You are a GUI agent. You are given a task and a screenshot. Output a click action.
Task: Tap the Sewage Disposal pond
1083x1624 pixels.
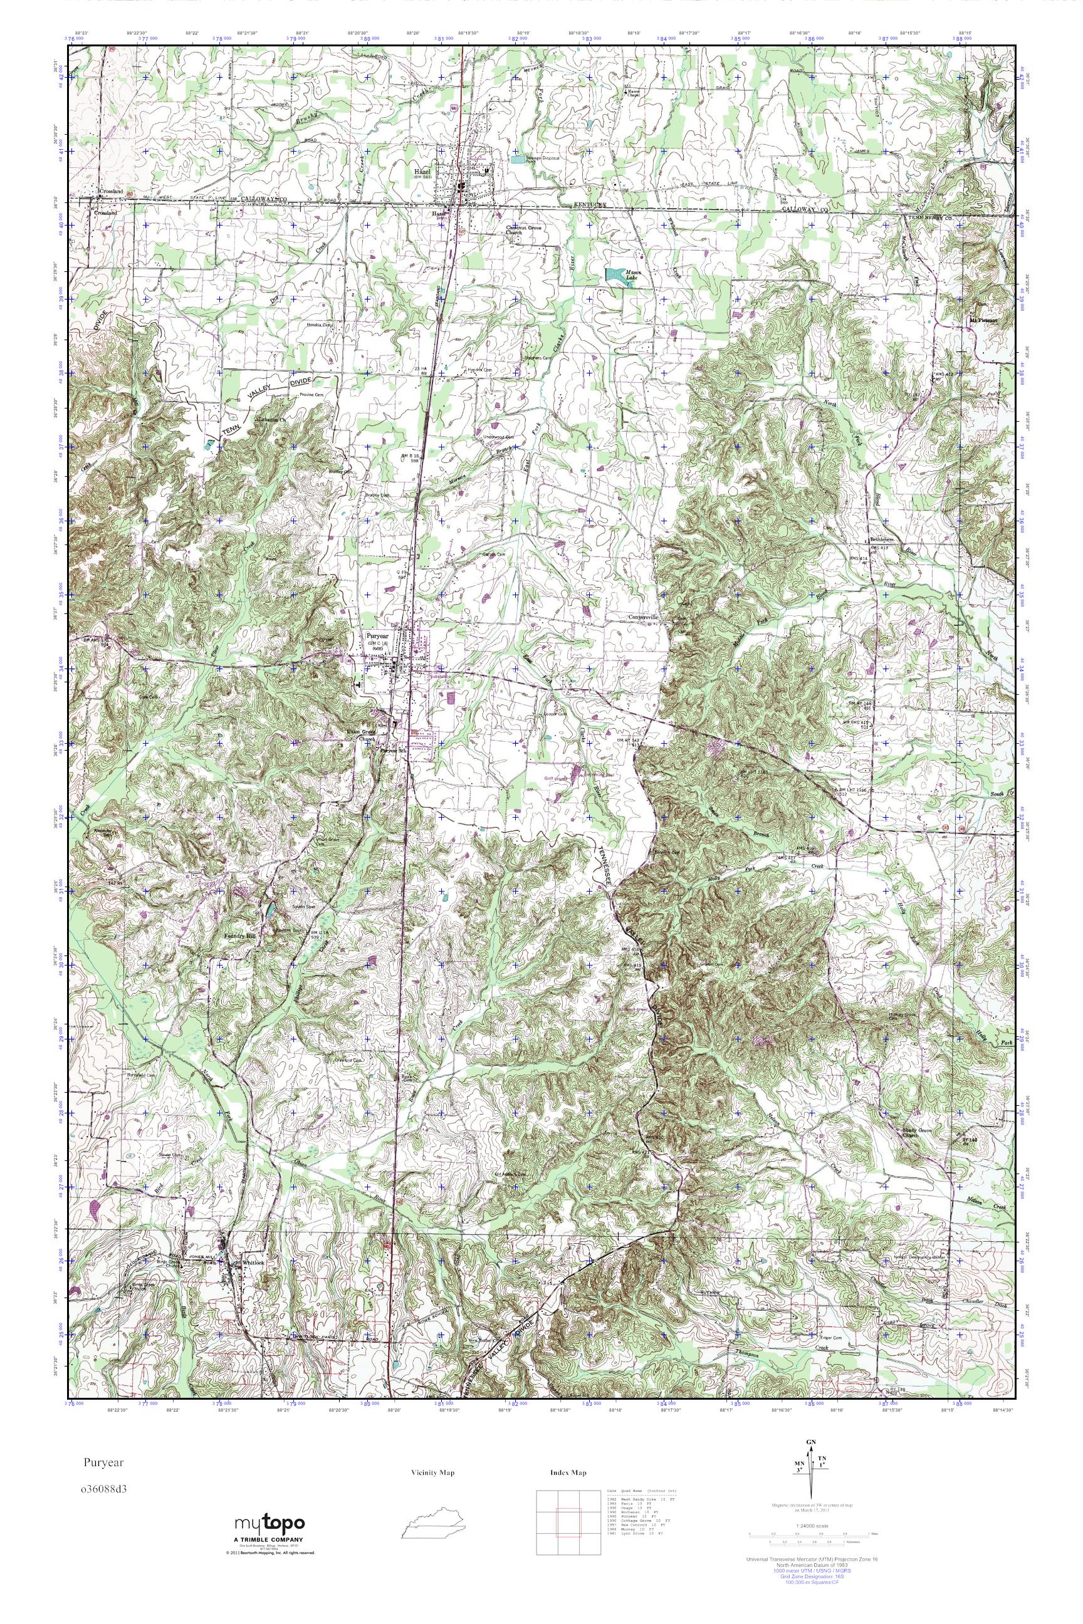coord(517,158)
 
